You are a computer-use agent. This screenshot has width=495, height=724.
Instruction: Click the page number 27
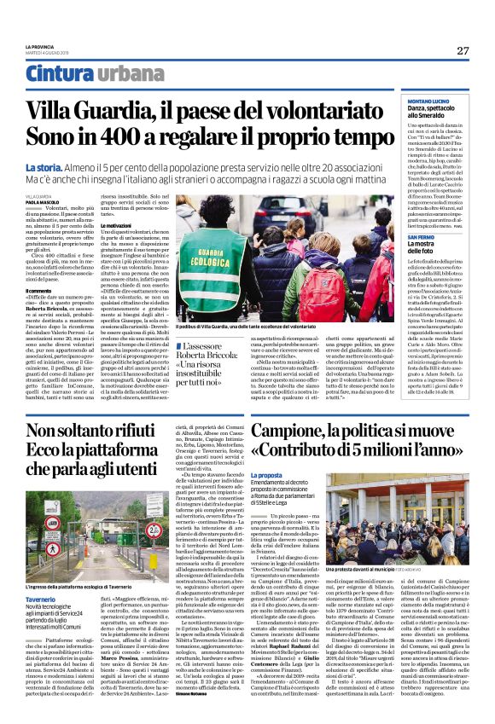tap(463, 51)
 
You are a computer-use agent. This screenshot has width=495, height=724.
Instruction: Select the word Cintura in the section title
tap(54, 73)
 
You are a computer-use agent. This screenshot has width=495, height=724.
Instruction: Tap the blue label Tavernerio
tap(42, 576)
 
